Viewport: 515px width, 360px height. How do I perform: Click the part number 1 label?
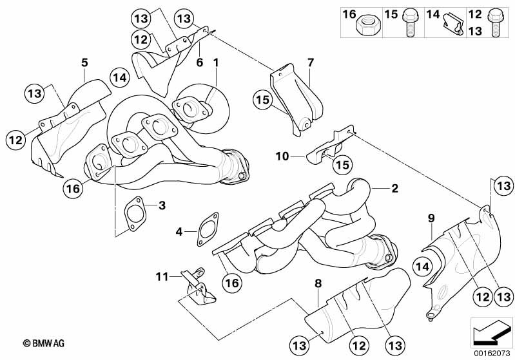point(215,62)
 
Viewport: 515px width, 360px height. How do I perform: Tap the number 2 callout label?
point(394,188)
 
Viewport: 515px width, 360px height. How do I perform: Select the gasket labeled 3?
point(135,214)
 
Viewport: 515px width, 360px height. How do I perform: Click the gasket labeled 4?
point(208,229)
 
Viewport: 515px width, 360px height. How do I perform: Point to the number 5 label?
point(84,62)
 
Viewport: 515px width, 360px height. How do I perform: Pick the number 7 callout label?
point(311,62)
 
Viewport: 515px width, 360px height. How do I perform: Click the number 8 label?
point(318,283)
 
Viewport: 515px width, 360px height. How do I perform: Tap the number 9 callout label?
point(431,218)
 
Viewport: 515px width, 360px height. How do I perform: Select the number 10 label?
point(282,156)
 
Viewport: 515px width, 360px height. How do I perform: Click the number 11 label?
point(162,277)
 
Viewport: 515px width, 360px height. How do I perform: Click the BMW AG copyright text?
point(44,343)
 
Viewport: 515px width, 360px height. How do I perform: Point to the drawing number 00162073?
point(492,354)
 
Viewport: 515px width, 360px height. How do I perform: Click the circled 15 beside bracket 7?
point(263,99)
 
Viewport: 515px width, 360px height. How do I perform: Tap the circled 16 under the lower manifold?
point(232,282)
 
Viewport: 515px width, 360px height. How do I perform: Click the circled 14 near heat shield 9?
point(423,267)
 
